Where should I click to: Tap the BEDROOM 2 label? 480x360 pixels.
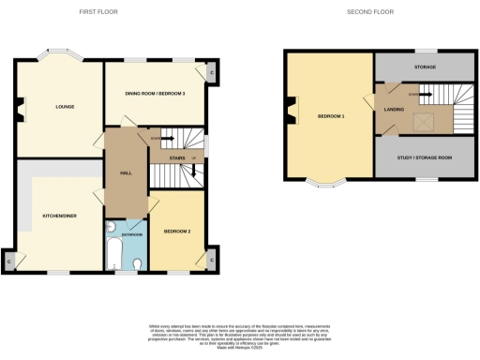pyautogui.click(x=177, y=230)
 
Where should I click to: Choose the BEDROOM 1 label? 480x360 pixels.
pyautogui.click(x=331, y=116)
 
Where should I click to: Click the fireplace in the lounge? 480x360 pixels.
pyautogui.click(x=21, y=117)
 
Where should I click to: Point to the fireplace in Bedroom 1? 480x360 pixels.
pyautogui.click(x=292, y=115)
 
